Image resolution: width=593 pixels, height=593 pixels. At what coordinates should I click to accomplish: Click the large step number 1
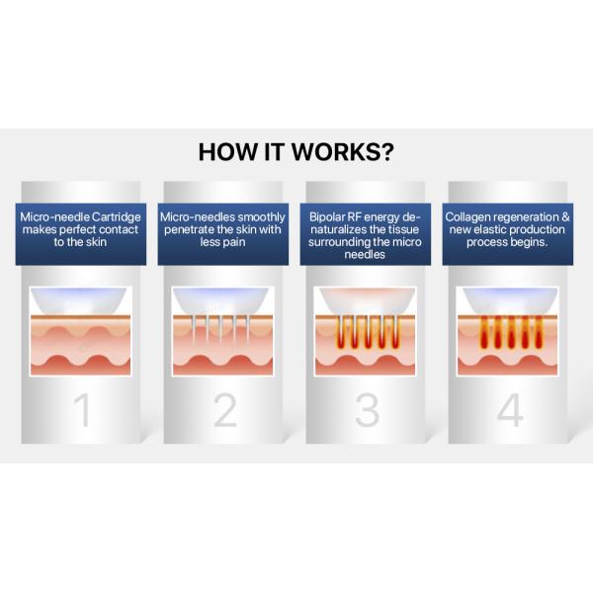82,411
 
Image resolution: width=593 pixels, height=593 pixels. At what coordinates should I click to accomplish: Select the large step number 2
225,411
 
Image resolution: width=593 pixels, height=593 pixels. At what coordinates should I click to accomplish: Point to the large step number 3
368,411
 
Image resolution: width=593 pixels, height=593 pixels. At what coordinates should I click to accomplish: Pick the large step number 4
510,411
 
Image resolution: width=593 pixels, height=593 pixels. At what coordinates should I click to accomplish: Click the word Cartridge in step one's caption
116,217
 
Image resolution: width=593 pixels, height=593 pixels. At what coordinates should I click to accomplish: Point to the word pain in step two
235,242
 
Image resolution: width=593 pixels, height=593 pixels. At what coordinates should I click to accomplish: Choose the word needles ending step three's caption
365,254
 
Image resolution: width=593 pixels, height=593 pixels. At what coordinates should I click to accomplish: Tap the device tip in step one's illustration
79,300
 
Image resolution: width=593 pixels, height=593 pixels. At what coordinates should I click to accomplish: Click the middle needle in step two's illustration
220,328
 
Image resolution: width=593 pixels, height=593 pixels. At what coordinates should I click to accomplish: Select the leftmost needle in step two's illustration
194,328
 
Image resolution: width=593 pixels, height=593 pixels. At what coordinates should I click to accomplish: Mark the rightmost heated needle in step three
395,332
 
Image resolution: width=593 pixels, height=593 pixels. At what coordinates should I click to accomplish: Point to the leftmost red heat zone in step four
484,333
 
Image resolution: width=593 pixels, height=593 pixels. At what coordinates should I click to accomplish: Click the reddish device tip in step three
366,300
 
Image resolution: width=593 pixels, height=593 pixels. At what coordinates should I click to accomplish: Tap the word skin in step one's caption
96,242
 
